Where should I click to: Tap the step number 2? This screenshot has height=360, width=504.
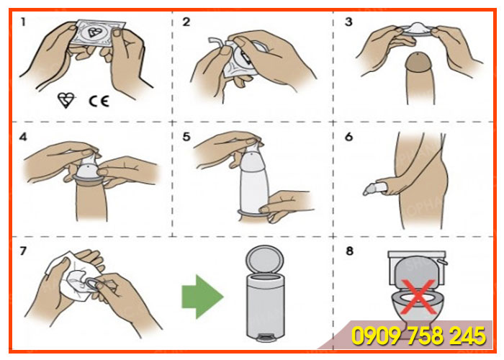(186, 22)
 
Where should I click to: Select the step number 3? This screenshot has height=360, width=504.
(348, 22)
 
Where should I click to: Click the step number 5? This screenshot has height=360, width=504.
(186, 135)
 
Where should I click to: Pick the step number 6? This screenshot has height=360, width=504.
(348, 135)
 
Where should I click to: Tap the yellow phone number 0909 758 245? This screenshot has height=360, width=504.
(418, 336)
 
